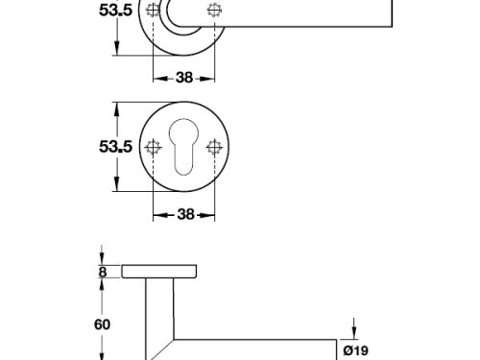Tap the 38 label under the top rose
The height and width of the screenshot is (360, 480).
183,79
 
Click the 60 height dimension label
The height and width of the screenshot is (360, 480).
103,324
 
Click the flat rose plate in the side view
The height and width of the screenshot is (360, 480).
160,272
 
